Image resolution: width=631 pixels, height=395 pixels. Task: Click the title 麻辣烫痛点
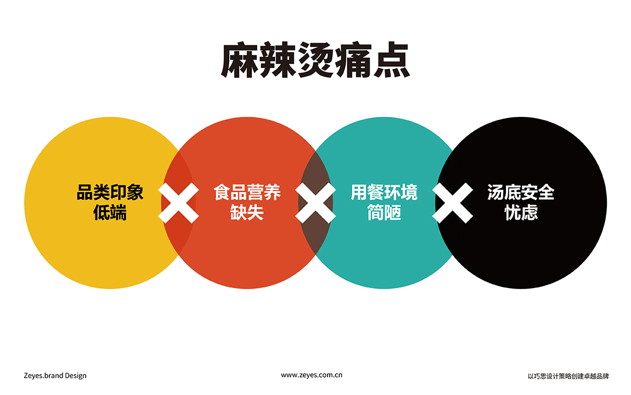coord(315,60)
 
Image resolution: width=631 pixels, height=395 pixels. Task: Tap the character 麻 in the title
coord(239,60)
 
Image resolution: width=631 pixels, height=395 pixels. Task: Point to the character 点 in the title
coord(392,60)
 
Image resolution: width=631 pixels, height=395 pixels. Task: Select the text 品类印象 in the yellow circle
coord(110,192)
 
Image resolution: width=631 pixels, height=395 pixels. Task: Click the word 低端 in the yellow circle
coord(110,212)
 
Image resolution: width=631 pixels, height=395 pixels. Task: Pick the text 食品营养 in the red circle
coord(247,192)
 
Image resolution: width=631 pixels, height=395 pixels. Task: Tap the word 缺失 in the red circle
coord(247,212)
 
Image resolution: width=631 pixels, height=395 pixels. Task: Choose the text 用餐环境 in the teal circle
coord(384,192)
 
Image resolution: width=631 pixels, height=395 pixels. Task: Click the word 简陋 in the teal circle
coord(384,212)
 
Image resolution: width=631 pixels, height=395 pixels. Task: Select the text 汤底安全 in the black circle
coord(521,192)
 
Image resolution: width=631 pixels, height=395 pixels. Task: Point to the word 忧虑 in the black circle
coord(521,212)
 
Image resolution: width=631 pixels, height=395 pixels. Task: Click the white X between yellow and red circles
coord(179,203)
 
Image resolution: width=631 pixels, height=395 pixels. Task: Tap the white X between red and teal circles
coord(315,203)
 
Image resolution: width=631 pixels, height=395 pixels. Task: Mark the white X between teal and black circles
coord(453,203)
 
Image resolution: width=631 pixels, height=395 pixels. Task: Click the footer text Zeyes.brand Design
coord(55,376)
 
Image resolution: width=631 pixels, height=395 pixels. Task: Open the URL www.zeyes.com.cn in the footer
coord(311,375)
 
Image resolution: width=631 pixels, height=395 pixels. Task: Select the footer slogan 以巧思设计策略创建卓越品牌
coord(568,376)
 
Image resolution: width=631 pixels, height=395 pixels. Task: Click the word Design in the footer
coord(76,376)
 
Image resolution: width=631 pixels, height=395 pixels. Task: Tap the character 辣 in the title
coord(278,60)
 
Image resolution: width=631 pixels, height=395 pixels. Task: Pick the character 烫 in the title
coord(315,60)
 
